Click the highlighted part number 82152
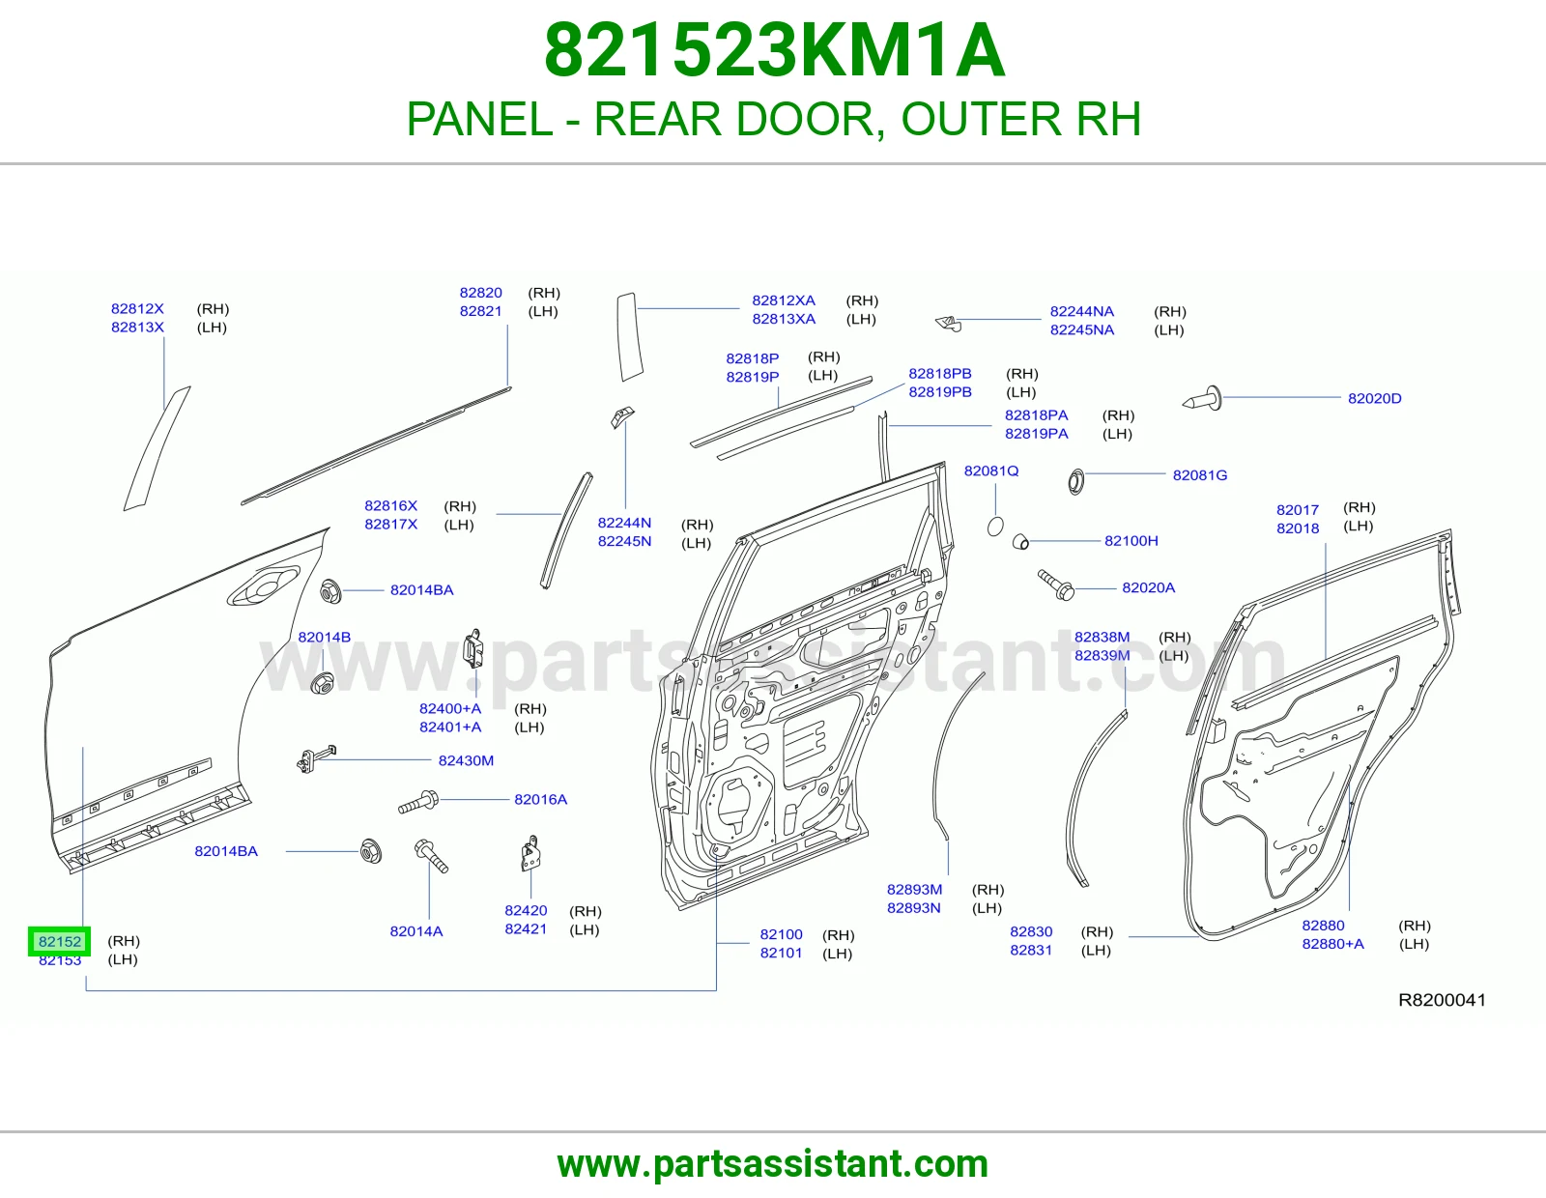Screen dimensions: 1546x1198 60,941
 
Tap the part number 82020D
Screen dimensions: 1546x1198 1375,398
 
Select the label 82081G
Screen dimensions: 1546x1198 1199,475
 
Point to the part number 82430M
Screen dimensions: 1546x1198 466,760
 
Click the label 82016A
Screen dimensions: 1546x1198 540,800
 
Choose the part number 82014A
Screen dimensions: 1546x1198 416,931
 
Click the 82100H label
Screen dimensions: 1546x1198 1131,541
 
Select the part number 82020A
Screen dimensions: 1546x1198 1148,587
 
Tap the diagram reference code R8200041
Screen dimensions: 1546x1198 1442,1000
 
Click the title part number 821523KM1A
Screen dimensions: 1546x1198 774,50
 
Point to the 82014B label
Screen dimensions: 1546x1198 324,638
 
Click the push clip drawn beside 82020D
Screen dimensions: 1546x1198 1202,399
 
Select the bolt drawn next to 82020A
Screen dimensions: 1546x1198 1056,585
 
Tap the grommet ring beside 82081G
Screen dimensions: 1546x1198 1075,482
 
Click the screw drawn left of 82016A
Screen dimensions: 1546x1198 418,802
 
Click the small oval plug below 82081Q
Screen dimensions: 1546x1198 995,527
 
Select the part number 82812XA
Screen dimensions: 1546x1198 784,300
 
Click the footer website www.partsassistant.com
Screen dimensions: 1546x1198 773,1164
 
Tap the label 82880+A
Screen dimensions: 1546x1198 1332,944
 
